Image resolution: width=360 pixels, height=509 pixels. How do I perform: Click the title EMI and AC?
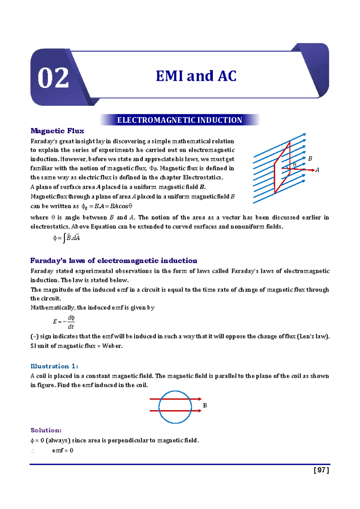[196, 76]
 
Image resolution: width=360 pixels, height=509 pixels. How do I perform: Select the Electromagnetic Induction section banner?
[179, 120]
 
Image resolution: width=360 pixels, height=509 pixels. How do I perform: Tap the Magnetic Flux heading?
[57, 131]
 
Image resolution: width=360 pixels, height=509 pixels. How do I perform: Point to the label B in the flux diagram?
[310, 158]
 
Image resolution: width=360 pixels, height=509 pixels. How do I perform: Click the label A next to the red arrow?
[317, 170]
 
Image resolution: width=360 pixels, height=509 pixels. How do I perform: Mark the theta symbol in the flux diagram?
[295, 164]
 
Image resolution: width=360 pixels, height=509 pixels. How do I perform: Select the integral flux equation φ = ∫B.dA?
[66, 238]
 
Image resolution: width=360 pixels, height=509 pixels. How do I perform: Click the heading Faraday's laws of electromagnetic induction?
[114, 261]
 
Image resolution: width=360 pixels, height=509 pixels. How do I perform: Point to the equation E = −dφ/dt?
[64, 322]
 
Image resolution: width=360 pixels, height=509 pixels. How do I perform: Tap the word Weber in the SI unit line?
[112, 346]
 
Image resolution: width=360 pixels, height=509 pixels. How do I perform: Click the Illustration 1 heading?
[54, 366]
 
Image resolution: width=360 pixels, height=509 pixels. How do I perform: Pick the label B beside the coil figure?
[205, 405]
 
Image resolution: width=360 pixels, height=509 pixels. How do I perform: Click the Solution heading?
[46, 430]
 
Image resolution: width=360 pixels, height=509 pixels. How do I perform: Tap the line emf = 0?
[62, 450]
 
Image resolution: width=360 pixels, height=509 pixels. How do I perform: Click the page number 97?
[321, 470]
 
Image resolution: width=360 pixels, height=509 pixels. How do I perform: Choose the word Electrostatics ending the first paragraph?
[203, 177]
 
